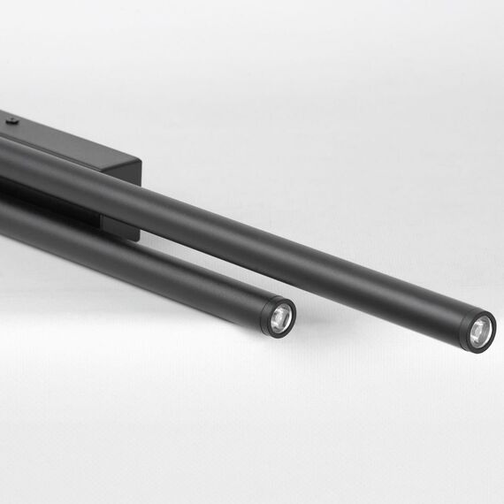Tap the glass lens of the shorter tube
[280, 315]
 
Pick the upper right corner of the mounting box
[140, 160]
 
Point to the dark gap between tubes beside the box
[53, 199]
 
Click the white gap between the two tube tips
[380, 318]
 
